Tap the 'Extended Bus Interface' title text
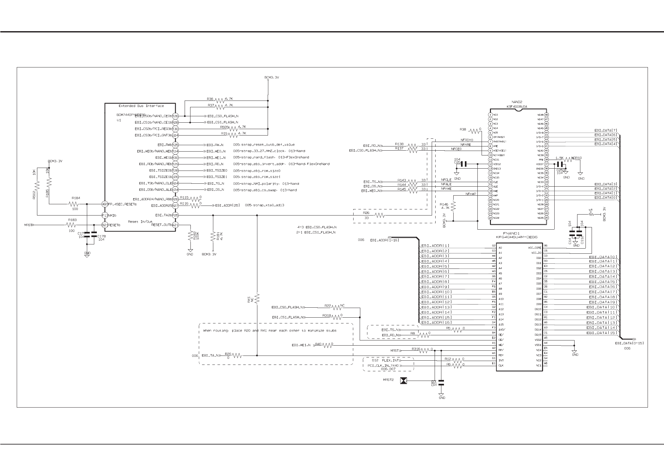pos(141,106)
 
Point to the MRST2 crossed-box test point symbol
pos(403,381)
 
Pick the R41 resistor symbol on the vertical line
pos(257,298)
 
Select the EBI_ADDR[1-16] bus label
pos(384,240)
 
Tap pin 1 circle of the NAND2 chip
pos(490,115)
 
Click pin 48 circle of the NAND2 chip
pos(546,115)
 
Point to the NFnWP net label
pos(471,194)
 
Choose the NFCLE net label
pos(447,180)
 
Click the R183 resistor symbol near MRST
pos(72,225)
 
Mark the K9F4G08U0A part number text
pos(517,107)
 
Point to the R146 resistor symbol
pos(453,206)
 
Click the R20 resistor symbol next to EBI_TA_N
pos(237,356)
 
